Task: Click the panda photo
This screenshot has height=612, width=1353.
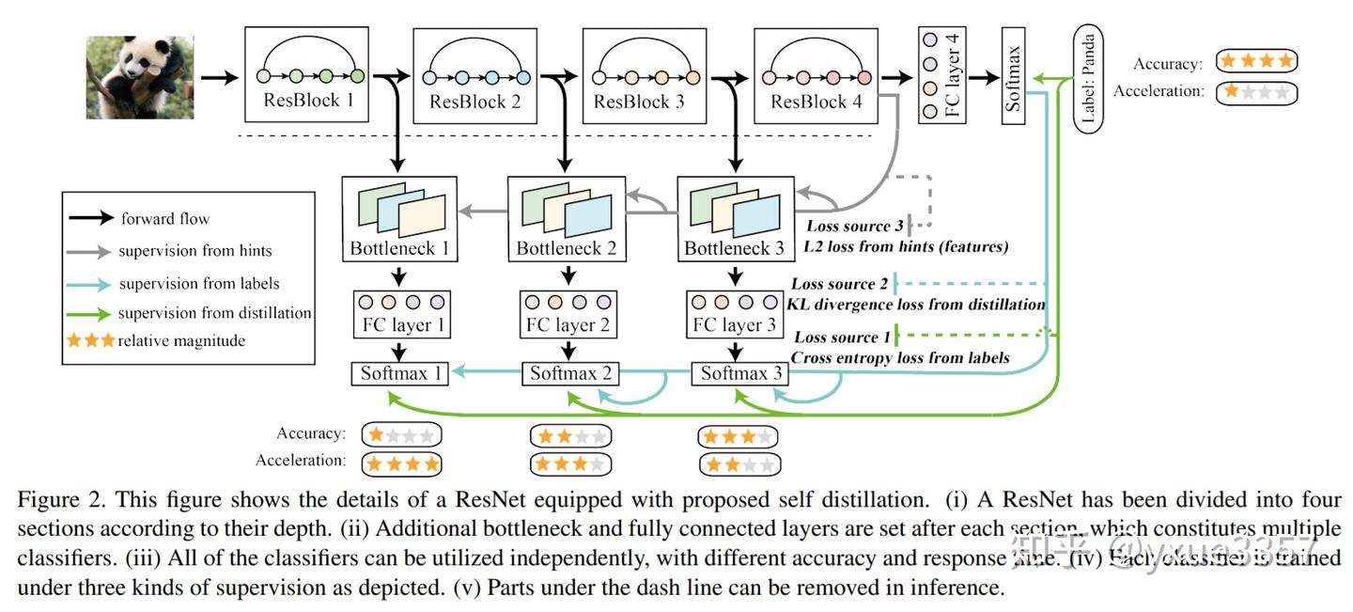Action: [x=139, y=77]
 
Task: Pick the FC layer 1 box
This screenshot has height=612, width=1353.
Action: [x=403, y=314]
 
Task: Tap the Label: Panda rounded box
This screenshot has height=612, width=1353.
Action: [x=1089, y=79]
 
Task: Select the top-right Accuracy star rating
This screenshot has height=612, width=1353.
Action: [x=1255, y=62]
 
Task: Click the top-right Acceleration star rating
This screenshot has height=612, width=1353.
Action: [x=1255, y=92]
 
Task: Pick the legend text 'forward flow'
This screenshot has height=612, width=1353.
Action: [x=165, y=219]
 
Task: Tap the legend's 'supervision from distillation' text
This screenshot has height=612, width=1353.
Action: [x=214, y=313]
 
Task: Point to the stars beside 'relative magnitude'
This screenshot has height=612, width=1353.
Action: [x=90, y=340]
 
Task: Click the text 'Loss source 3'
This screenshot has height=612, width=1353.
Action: [x=854, y=226]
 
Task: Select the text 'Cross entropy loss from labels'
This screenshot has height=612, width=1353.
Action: [x=900, y=357]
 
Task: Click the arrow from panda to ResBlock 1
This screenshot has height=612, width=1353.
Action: [x=219, y=76]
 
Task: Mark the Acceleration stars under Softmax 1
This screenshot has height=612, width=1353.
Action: [x=401, y=463]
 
